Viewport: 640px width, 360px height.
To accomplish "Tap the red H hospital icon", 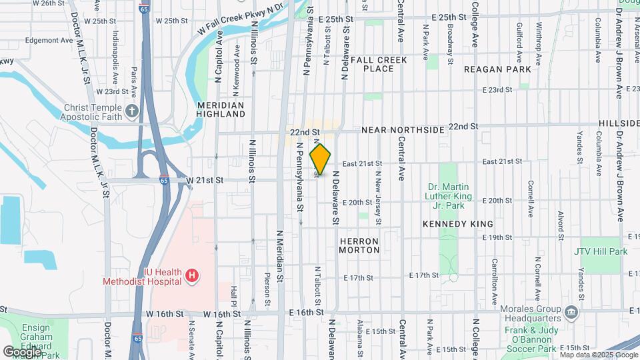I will pos(192,275).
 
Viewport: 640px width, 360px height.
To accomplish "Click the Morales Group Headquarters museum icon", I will pos(571,312).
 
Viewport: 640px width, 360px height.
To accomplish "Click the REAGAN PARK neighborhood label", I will pos(497,69).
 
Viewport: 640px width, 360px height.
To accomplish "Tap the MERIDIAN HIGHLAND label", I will pos(221,110).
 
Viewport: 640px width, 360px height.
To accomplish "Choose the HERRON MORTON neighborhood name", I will pos(359,245).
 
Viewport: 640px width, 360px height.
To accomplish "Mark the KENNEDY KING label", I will pos(457,225).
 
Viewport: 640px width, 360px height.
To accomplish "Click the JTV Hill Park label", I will pos(601,252).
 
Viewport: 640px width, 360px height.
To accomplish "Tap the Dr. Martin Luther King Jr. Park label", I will pos(449,191).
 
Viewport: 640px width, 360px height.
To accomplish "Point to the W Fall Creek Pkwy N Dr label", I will pos(242,20).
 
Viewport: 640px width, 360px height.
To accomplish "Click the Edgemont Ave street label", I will pos(49,40).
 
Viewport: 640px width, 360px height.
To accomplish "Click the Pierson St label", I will pos(267,290).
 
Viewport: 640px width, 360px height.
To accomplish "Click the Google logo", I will pos(21,351).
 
